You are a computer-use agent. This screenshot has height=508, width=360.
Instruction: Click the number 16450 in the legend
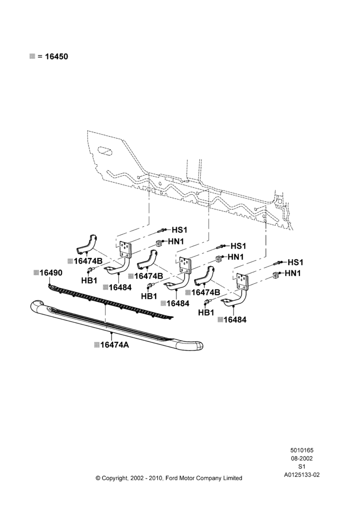tap(56, 56)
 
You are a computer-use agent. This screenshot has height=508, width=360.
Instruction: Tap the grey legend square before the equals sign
tap(32, 56)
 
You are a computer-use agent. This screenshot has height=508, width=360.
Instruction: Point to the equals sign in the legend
tap(40, 57)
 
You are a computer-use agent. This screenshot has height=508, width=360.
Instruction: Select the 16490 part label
tap(51, 273)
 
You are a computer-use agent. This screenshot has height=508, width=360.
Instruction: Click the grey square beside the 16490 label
tap(36, 272)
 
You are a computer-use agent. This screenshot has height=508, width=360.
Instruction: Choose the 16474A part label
tap(114, 345)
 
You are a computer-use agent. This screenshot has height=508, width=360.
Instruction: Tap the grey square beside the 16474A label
tap(97, 345)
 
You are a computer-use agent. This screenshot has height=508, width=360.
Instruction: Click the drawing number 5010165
tap(302, 450)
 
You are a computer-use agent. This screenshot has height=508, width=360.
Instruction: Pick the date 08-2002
tap(302, 458)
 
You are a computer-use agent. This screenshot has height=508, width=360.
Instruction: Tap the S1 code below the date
tap(302, 466)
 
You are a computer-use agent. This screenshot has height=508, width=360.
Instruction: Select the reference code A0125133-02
tap(302, 475)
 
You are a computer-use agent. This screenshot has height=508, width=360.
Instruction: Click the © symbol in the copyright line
tap(98, 478)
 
